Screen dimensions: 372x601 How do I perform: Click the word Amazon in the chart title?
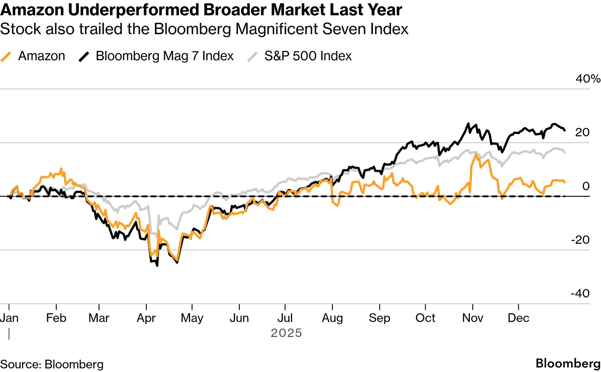[x=32, y=10]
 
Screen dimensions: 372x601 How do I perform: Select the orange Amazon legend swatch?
[x=6, y=56]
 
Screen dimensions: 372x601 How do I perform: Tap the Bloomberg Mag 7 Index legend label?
[x=164, y=56]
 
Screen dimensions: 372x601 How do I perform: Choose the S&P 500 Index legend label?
[x=308, y=56]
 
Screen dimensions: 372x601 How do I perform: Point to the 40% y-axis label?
[x=588, y=79]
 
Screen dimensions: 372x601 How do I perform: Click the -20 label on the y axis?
[x=580, y=240]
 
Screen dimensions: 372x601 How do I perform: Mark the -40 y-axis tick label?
[x=580, y=293]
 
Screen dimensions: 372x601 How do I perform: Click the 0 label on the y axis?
[x=586, y=186]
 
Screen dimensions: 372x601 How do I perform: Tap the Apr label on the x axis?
[x=146, y=318]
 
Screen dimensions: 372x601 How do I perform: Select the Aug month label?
[x=332, y=318]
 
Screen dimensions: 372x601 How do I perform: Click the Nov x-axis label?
[x=472, y=318]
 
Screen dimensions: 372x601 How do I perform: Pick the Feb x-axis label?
[x=56, y=318]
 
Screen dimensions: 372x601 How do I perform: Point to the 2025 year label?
[x=286, y=333]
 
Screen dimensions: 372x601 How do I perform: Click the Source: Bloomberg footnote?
[x=52, y=364]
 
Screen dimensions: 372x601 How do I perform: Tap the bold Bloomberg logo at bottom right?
[x=568, y=363]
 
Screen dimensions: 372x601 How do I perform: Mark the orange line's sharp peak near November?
[x=476, y=154]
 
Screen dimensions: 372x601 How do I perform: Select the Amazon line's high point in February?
[x=61, y=169]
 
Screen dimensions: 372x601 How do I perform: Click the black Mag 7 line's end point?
[x=565, y=130]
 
